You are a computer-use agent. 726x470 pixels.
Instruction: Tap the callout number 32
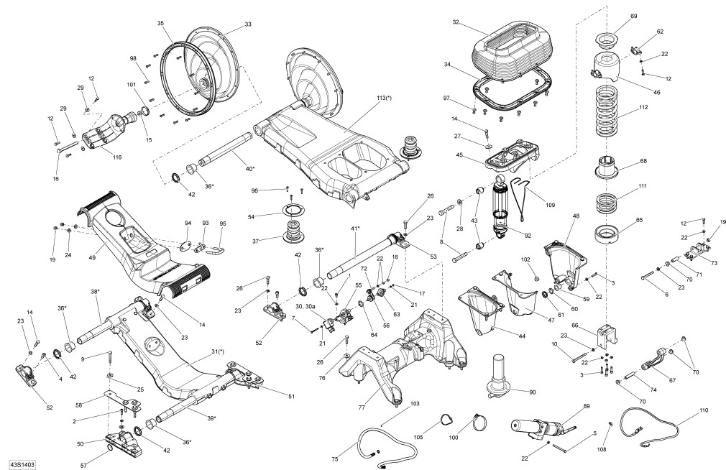coord(456,23)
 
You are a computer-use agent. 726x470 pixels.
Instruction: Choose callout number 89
coord(587,407)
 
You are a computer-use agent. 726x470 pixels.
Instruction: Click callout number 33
coord(248,24)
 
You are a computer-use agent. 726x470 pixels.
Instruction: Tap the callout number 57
coord(83,466)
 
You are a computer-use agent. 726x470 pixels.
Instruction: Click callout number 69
coord(634,16)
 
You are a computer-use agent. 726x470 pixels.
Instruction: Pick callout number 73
coord(713,263)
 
